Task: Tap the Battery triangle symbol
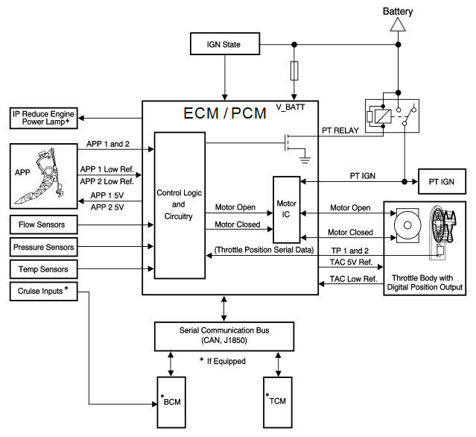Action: tap(398, 25)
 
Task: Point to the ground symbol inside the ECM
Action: tap(305, 160)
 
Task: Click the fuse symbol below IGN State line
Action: tap(294, 71)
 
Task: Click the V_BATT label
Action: tap(291, 107)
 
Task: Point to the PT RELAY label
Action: tap(340, 131)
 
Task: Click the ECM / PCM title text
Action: tap(225, 113)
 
